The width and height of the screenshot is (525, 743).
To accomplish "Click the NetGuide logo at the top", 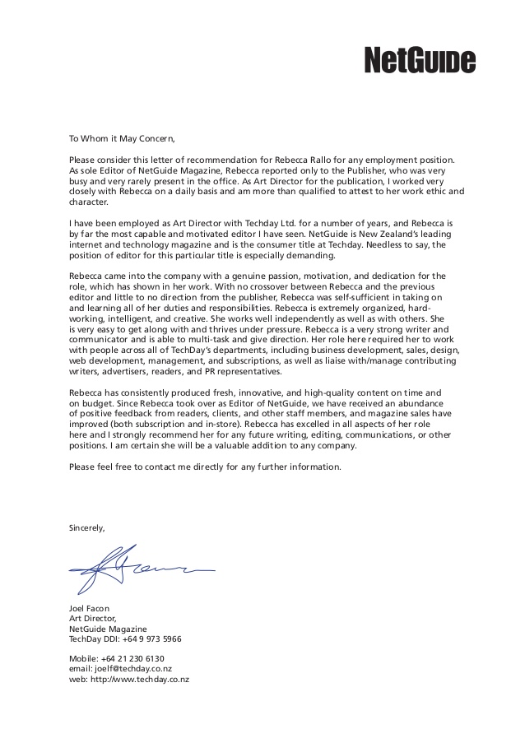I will click(x=420, y=60).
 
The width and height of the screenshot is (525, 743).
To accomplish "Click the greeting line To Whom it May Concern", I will click(x=123, y=138).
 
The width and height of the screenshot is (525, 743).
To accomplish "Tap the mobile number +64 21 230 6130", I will click(x=133, y=658).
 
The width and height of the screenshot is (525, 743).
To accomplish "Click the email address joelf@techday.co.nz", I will click(x=134, y=669).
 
